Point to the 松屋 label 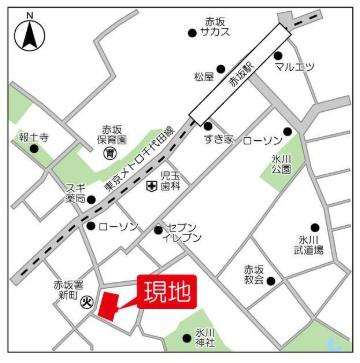[x=206, y=76]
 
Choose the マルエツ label [x=297, y=66]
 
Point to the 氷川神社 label [x=205, y=338]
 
